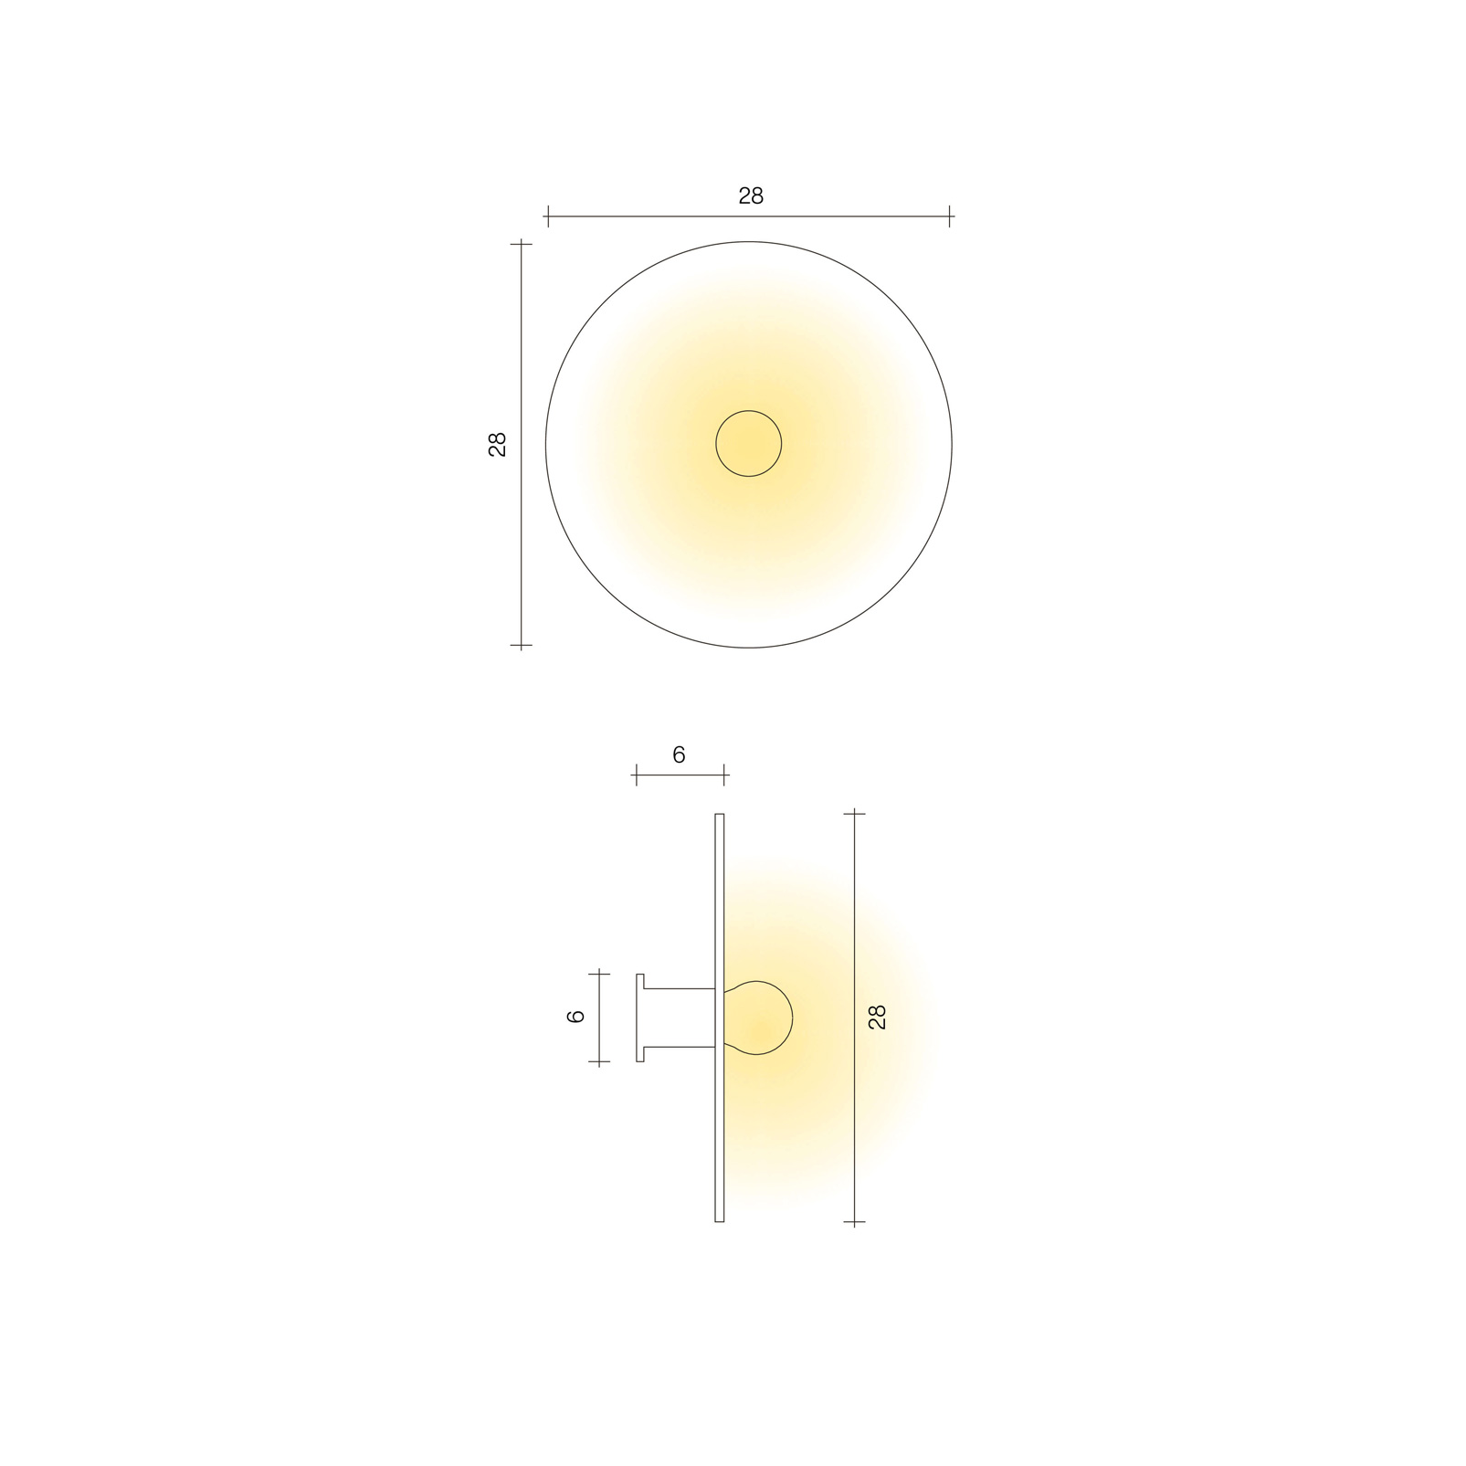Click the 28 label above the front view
pyautogui.click(x=750, y=196)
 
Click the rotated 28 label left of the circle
pyautogui.click(x=498, y=444)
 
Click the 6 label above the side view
pyautogui.click(x=679, y=755)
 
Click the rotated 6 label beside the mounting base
pyautogui.click(x=576, y=1017)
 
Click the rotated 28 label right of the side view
pyautogui.click(x=878, y=1017)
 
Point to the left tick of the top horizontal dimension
pyautogui.click(x=547, y=216)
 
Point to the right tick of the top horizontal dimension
pyautogui.click(x=950, y=216)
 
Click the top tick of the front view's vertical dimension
pyautogui.click(x=521, y=244)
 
